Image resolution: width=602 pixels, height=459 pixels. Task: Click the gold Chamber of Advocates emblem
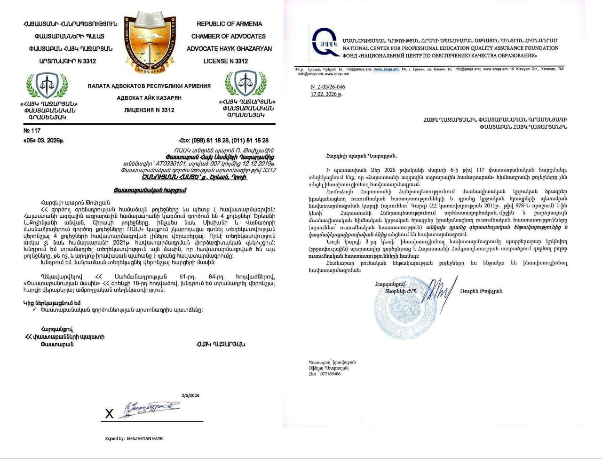tap(154, 43)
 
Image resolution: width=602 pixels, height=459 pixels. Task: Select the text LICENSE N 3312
tap(225, 61)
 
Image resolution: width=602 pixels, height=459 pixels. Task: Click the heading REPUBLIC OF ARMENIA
tap(229, 24)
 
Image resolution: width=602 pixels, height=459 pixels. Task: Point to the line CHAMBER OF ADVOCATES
tap(228, 36)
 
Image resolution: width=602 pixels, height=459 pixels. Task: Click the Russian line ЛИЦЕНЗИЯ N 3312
tap(149, 110)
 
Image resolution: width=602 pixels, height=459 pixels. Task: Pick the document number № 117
tap(32, 131)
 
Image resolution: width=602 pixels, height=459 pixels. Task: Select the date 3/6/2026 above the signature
tap(190, 396)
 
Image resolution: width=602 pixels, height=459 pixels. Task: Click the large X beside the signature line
tap(109, 414)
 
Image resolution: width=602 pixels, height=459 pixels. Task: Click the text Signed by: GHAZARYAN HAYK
tap(134, 438)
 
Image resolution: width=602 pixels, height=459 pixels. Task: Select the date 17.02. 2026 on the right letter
tap(326, 94)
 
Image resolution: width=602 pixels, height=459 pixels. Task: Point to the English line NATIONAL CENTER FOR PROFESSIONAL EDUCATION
tap(450, 48)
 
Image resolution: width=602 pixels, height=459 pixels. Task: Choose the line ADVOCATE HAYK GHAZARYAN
tap(229, 48)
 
